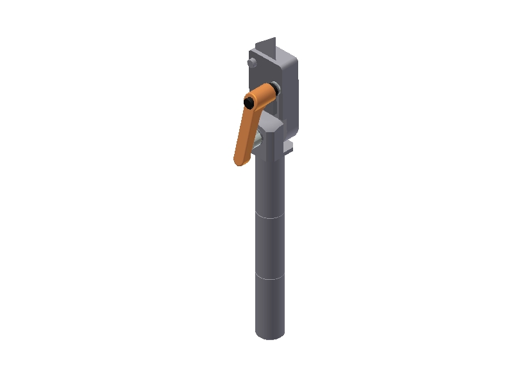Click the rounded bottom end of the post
(269, 334)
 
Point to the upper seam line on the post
(269, 218)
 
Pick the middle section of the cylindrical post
(269, 247)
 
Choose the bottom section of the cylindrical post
(269, 307)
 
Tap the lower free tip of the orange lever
(240, 159)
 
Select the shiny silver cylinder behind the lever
(257, 139)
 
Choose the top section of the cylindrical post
(269, 186)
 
